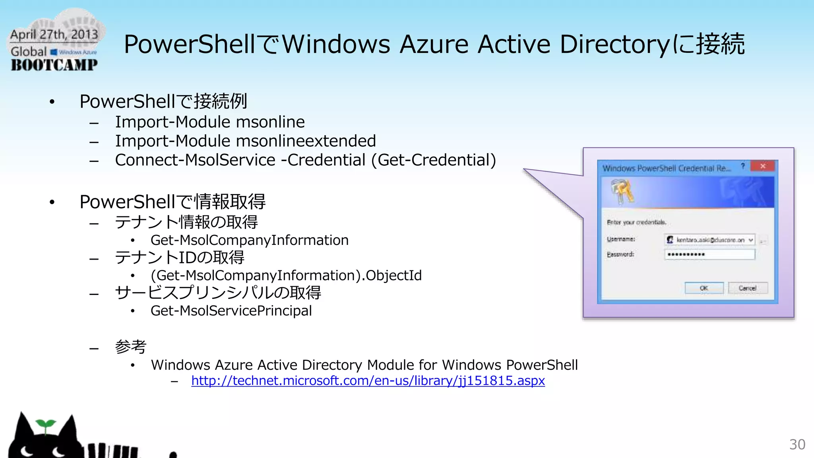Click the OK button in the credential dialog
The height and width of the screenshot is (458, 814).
pyautogui.click(x=704, y=288)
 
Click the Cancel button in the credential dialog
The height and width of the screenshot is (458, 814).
pyautogui.click(x=748, y=288)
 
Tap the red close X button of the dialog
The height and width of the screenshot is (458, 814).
pyautogui.click(x=763, y=166)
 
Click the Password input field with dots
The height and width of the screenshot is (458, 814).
pyautogui.click(x=709, y=254)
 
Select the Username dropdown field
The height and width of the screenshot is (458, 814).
pyautogui.click(x=709, y=240)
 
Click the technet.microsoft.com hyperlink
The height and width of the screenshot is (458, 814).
pyautogui.click(x=368, y=381)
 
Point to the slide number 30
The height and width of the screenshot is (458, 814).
pyautogui.click(x=797, y=444)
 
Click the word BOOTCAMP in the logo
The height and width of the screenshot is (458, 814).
pyautogui.click(x=54, y=65)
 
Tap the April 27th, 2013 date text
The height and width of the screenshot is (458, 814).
pyautogui.click(x=54, y=35)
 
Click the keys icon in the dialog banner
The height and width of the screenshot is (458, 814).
pyautogui.click(x=622, y=191)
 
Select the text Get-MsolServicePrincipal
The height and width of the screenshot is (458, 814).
pyautogui.click(x=231, y=311)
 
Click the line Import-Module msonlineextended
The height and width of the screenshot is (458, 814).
pyautogui.click(x=245, y=141)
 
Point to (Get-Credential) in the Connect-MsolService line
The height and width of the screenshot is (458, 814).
pyautogui.click(x=434, y=160)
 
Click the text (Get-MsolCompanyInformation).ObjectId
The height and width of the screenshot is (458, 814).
pyautogui.click(x=286, y=276)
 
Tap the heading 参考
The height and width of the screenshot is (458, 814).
pyautogui.click(x=130, y=347)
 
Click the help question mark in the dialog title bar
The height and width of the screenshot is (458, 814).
pyautogui.click(x=742, y=166)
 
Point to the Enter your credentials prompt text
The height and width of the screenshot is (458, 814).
pyautogui.click(x=636, y=222)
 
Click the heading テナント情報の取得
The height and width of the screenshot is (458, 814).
pyautogui.click(x=186, y=222)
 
